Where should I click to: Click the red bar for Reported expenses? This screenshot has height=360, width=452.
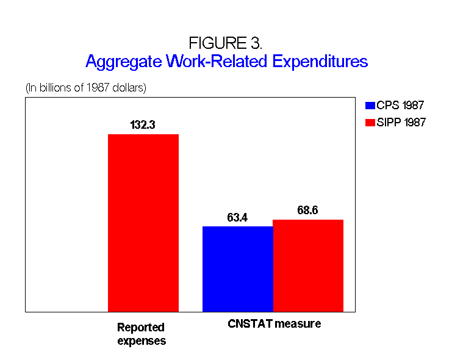(143, 223)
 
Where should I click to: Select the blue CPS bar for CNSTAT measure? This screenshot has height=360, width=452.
(238, 269)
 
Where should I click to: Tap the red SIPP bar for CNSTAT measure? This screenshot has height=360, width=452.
(308, 265)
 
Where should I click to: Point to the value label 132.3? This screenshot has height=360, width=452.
(143, 125)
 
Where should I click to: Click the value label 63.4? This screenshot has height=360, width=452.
(237, 217)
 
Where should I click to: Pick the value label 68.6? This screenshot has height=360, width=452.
(307, 211)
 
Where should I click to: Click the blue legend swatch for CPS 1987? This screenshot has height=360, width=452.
(370, 106)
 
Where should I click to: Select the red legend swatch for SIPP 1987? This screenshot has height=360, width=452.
(370, 123)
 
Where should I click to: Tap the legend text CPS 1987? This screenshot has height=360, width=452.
(400, 106)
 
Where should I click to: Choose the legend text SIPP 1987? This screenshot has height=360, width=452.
(401, 122)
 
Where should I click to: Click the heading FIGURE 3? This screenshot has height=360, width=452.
(226, 43)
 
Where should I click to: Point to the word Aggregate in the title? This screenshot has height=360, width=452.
(124, 62)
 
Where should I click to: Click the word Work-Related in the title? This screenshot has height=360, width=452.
(217, 61)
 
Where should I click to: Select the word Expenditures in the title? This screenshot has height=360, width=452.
(320, 62)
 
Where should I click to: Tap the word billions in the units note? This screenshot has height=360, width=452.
(56, 88)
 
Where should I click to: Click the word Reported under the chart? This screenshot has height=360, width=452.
(141, 328)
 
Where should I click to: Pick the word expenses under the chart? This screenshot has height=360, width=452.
(142, 341)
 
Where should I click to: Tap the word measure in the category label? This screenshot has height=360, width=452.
(298, 324)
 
